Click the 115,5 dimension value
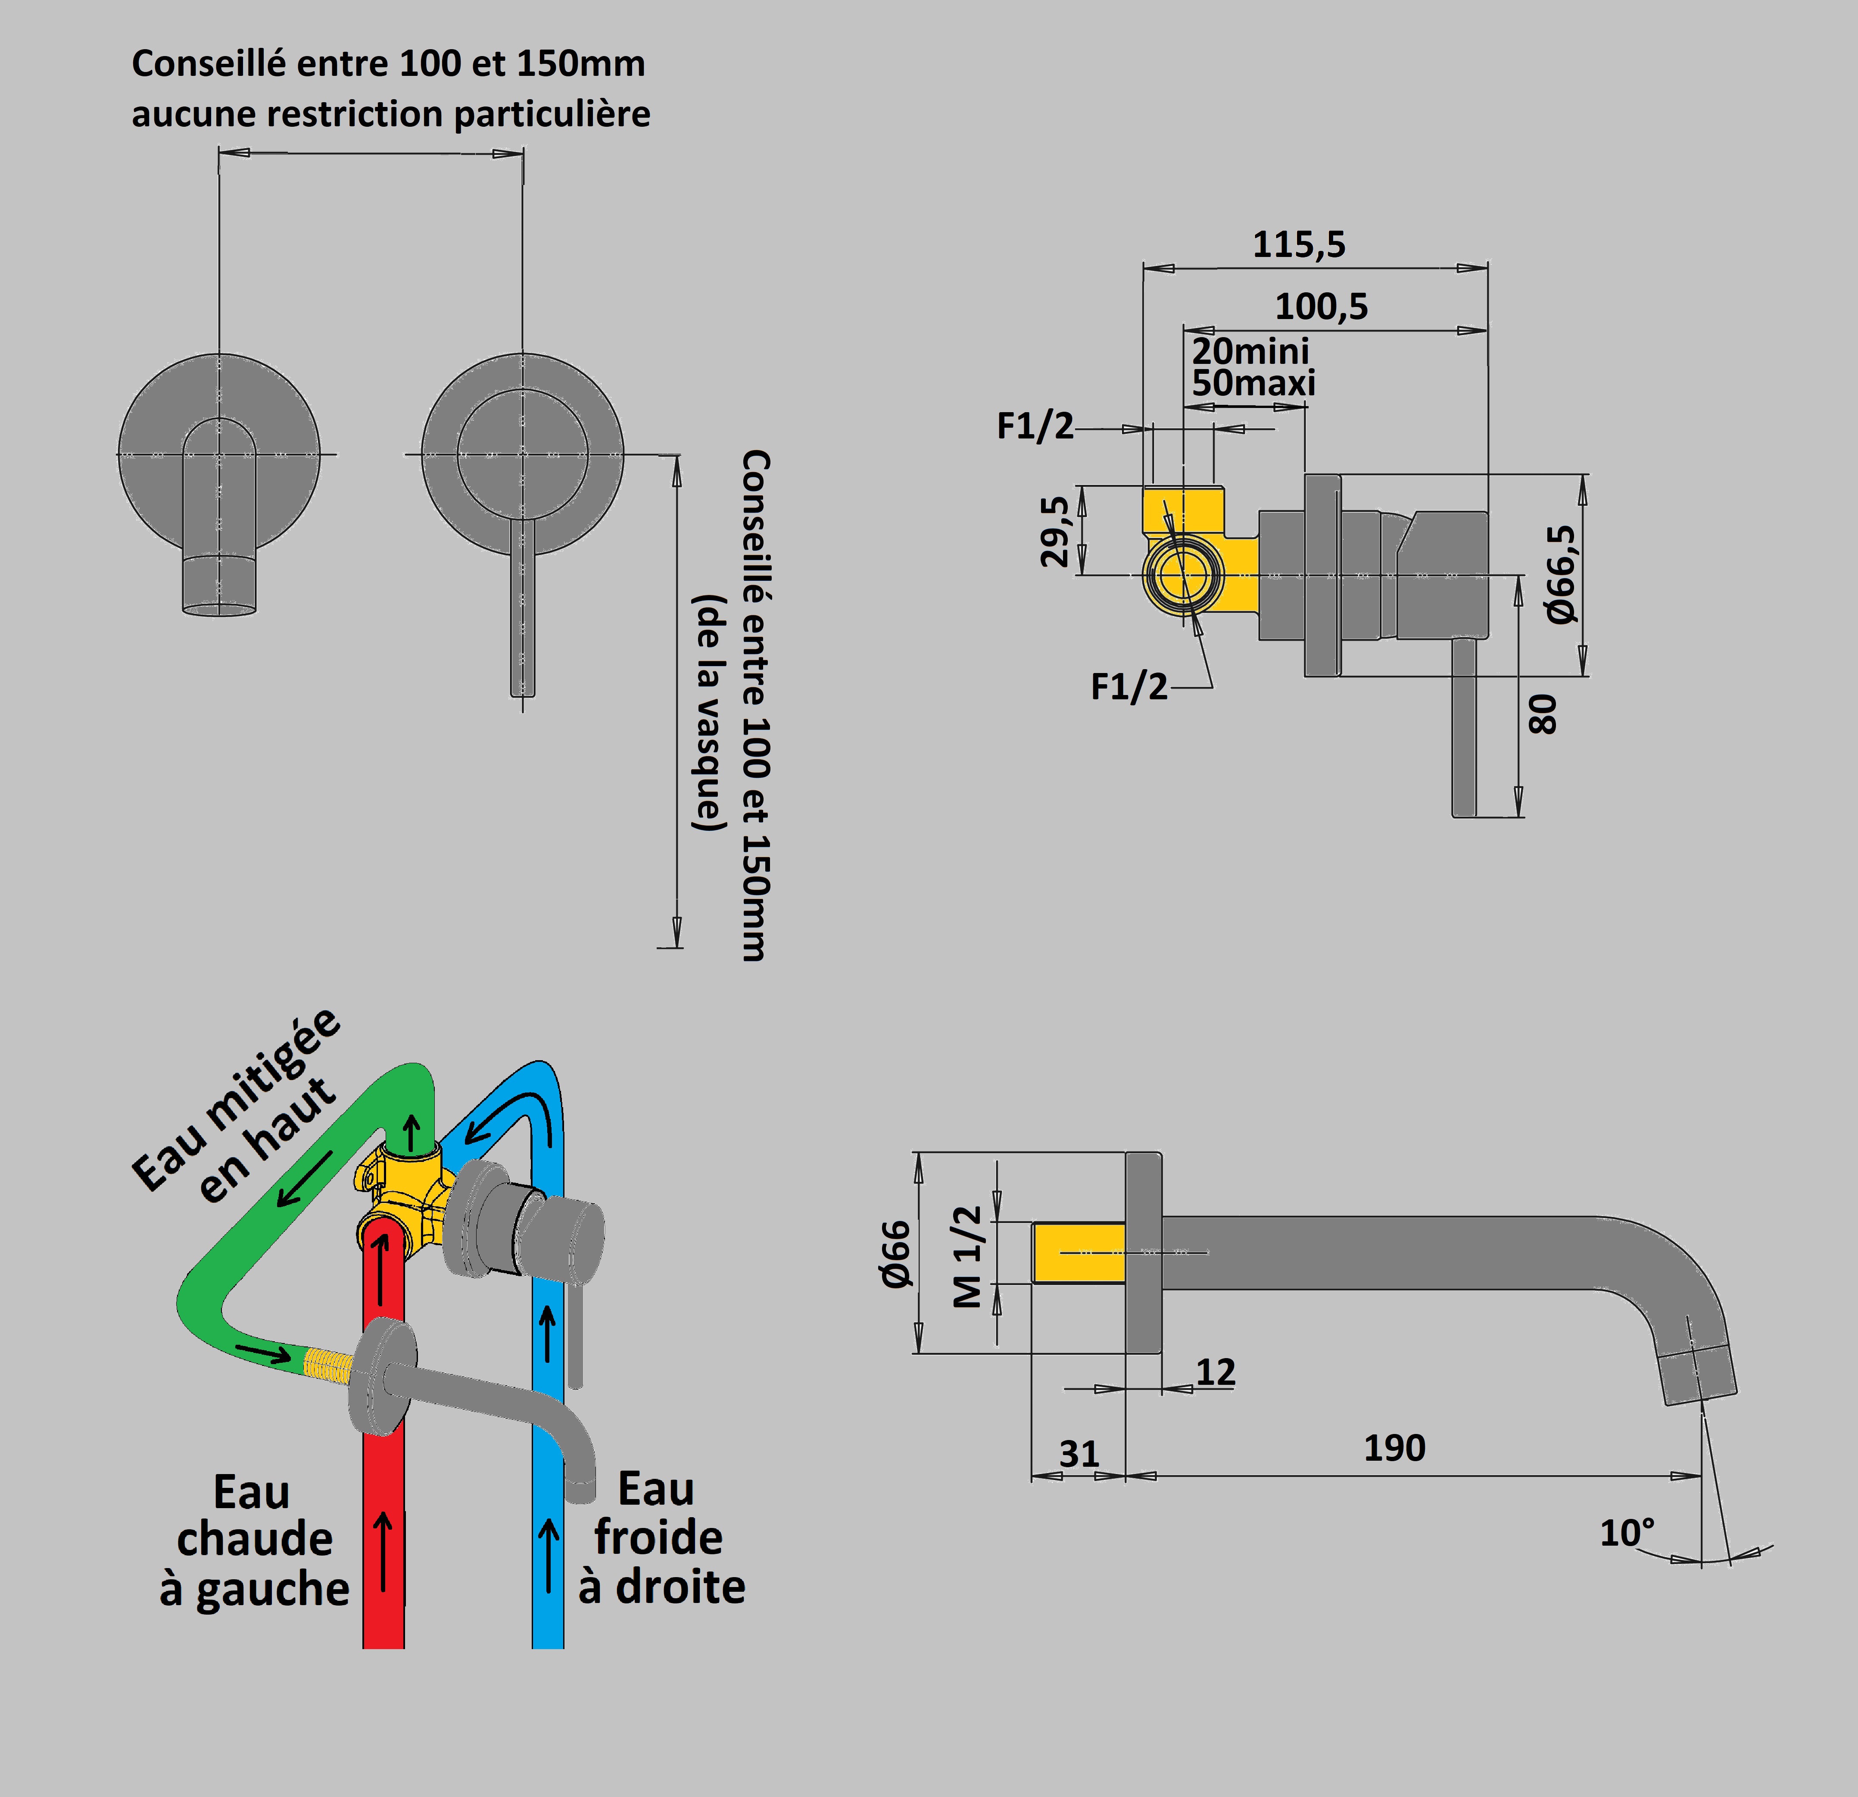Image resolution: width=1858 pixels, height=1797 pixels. coord(1299,244)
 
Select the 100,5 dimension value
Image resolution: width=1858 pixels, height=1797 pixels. coord(1322,306)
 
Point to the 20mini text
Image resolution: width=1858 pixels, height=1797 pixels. coord(1250,351)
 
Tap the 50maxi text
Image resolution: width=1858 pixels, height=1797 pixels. coord(1253,383)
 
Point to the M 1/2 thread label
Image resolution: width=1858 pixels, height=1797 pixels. coord(967,1256)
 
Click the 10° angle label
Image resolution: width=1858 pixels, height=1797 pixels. coord(1627,1532)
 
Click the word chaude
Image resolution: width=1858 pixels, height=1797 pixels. coord(254,1538)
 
